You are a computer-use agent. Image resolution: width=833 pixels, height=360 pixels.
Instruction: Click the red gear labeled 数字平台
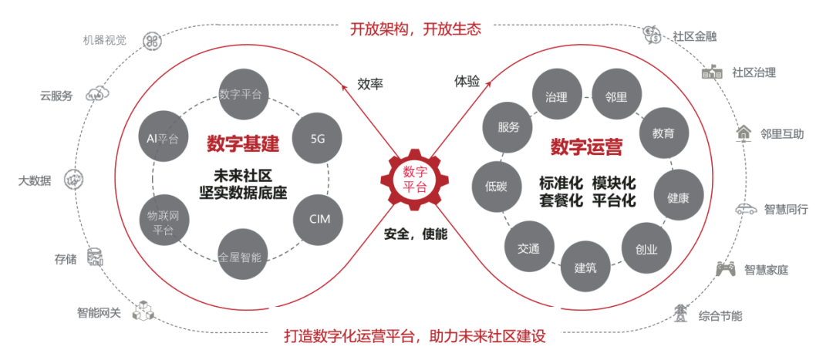click(414, 179)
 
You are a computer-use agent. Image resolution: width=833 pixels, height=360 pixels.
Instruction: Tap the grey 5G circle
click(318, 140)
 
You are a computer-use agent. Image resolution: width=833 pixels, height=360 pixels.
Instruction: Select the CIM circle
click(319, 219)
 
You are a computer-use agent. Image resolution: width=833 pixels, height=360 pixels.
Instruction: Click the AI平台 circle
click(163, 140)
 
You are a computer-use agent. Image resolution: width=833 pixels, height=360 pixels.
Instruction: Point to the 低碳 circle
click(496, 187)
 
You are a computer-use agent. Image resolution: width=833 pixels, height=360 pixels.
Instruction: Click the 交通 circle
click(528, 248)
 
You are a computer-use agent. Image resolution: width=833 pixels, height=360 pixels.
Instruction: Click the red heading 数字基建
click(242, 144)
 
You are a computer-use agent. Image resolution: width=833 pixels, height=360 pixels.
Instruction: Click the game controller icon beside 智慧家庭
click(726, 269)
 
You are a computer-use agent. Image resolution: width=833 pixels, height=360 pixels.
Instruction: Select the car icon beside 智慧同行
click(746, 209)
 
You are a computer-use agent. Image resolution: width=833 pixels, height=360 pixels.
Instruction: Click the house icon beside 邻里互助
click(744, 133)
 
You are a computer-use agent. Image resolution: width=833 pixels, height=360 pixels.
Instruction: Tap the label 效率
click(370, 83)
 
